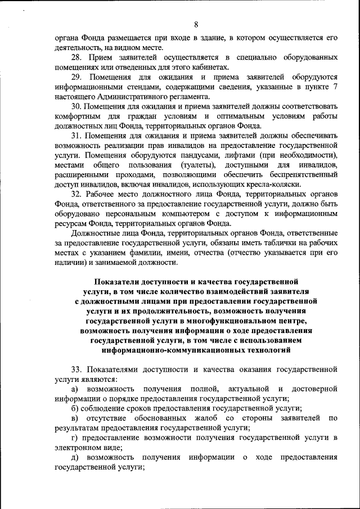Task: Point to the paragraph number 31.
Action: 78,136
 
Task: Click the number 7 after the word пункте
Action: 335,86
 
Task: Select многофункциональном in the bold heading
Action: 246,321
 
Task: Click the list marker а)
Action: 74,389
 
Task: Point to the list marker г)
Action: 73,438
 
